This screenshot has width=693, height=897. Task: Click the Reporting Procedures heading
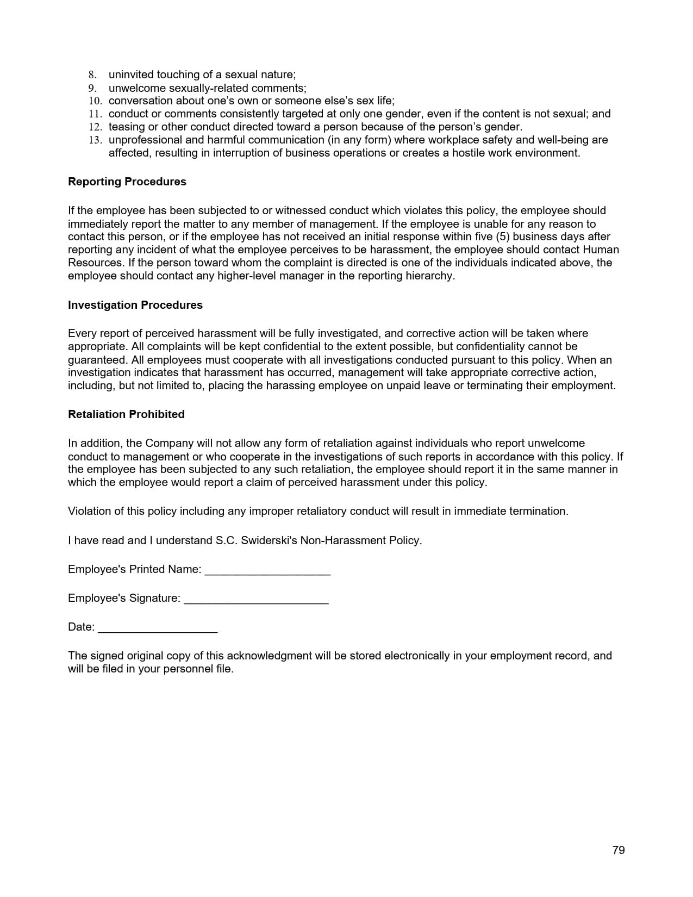point(127,182)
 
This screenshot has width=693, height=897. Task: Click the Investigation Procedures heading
point(135,305)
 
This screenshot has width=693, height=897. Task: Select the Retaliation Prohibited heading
point(126,414)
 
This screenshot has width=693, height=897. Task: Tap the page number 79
point(619,850)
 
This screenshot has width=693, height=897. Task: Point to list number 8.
point(92,74)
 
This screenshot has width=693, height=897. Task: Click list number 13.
point(95,140)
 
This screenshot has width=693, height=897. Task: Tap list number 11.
point(95,114)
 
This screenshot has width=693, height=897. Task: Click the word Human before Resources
point(601,250)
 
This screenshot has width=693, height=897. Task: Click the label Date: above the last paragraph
point(81,627)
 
